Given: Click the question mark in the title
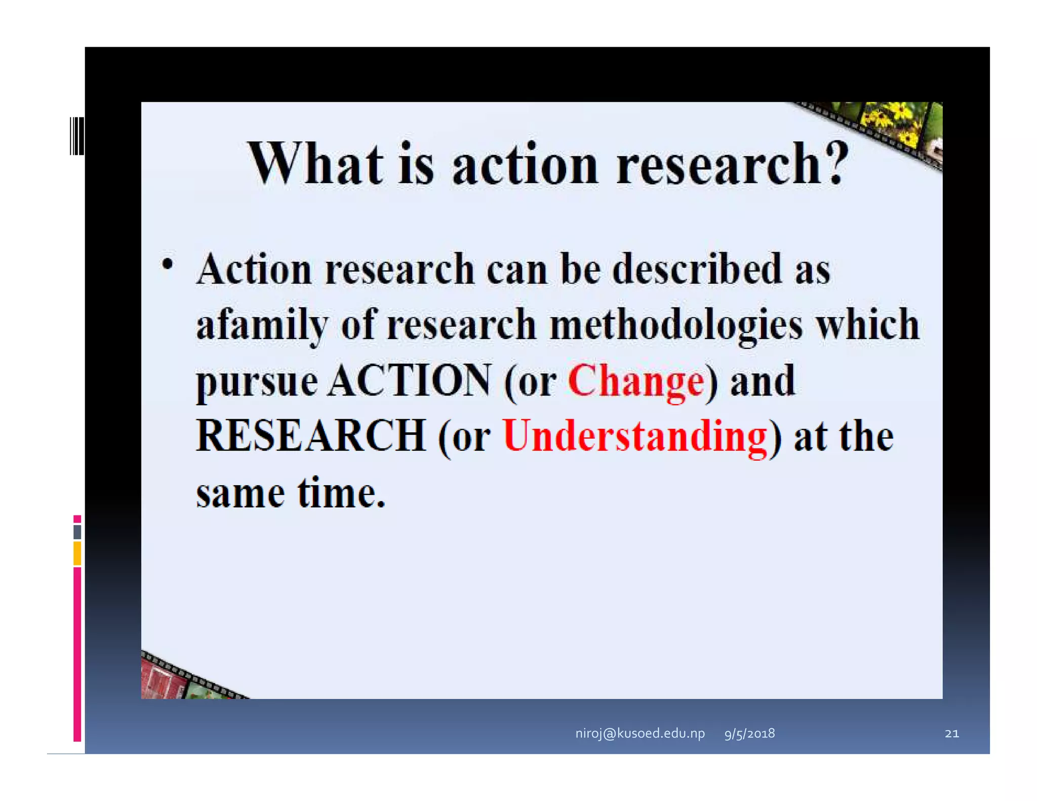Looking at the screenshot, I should point(835,163).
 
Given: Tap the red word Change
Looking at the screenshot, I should point(636,381).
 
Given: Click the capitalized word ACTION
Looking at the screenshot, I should point(409,381).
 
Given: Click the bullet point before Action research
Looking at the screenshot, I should point(167,264).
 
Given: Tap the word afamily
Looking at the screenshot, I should point(262,326).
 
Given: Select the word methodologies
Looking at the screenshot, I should point(676,326).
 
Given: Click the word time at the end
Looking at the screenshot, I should point(341,493).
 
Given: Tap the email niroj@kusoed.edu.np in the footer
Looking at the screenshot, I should point(640,733).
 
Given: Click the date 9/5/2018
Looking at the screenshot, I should point(749,733).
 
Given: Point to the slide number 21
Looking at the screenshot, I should point(951,733).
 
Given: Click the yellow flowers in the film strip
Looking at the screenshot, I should point(891,122).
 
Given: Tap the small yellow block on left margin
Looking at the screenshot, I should point(77,553).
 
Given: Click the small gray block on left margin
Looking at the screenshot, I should point(77,532).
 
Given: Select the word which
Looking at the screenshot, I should point(867,325).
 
